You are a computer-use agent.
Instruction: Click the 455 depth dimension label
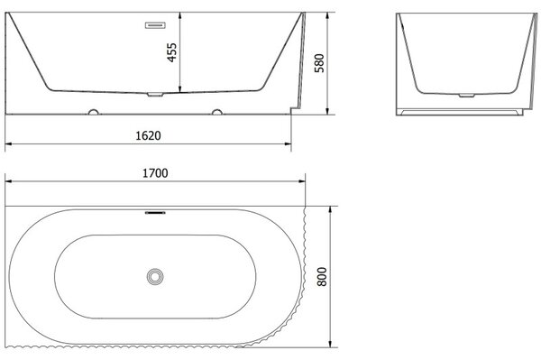[171, 52]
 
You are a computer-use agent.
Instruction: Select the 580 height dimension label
[319, 63]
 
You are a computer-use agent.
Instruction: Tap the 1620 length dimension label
[148, 135]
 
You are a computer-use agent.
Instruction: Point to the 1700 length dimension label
[155, 173]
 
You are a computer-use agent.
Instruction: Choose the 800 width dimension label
[322, 276]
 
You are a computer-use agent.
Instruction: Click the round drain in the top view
[155, 276]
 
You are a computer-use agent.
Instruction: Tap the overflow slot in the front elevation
[155, 25]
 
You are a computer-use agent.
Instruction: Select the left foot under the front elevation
[93, 112]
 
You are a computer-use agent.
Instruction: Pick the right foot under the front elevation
[217, 112]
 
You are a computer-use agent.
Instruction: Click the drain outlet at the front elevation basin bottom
[155, 94]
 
